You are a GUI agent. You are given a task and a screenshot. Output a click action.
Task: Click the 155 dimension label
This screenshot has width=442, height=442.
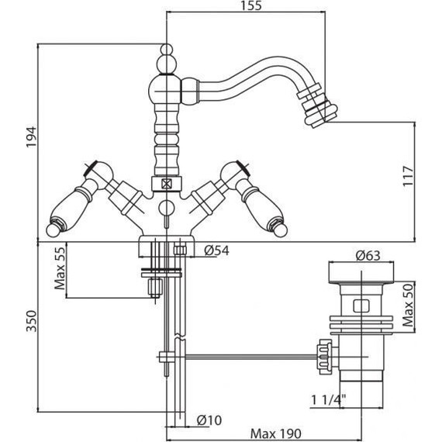click(x=251, y=5)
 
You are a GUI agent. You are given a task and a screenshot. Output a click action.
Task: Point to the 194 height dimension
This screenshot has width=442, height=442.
click(x=31, y=137)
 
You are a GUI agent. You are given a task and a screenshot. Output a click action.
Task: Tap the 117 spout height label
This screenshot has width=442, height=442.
click(x=408, y=176)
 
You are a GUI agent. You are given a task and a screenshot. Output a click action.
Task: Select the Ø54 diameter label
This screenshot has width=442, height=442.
click(x=217, y=250)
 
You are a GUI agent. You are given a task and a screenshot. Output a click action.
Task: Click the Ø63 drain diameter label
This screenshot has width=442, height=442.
click(x=368, y=256)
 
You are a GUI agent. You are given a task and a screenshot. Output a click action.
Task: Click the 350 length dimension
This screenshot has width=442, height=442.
click(x=31, y=321)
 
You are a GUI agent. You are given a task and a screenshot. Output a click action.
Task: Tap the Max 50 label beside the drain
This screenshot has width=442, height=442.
click(x=408, y=305)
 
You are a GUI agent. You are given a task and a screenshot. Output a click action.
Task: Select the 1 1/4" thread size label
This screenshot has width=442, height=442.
click(x=329, y=399)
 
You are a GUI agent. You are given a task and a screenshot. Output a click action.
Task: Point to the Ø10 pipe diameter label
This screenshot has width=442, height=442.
click(x=209, y=420)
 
